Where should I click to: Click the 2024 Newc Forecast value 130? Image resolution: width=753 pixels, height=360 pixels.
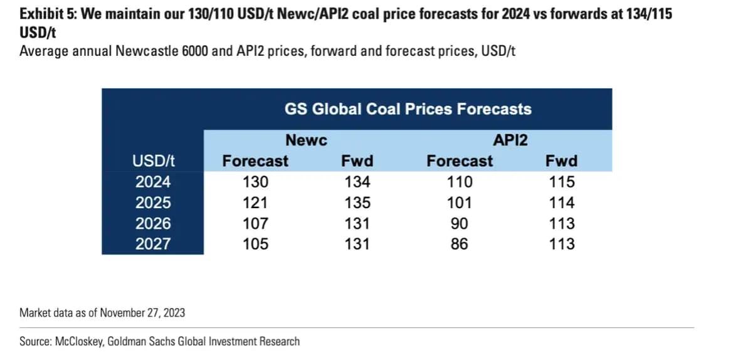(255, 182)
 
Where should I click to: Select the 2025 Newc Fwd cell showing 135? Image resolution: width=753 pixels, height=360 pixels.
(357, 203)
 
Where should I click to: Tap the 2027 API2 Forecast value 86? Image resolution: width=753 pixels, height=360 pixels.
(459, 243)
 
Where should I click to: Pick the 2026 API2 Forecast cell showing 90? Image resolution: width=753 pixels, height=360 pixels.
(459, 223)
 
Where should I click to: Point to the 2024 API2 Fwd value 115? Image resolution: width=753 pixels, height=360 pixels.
(561, 182)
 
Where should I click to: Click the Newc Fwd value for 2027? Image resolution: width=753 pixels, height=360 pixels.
(357, 243)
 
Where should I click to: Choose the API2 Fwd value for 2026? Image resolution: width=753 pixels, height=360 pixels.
(561, 223)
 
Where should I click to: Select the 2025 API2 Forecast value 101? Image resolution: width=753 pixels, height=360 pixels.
(459, 203)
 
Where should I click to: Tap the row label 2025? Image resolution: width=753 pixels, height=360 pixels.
(153, 203)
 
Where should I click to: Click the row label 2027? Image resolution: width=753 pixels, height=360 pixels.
(153, 243)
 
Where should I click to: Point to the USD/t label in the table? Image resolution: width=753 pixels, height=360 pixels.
(153, 161)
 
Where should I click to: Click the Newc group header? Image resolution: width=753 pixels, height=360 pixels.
(306, 140)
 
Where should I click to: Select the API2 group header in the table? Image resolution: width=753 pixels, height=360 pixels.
(510, 140)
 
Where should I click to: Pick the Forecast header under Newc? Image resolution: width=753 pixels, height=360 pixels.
(255, 161)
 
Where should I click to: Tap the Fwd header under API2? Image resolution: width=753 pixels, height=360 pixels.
(561, 161)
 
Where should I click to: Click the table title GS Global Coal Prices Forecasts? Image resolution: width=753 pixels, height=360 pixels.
(408, 109)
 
